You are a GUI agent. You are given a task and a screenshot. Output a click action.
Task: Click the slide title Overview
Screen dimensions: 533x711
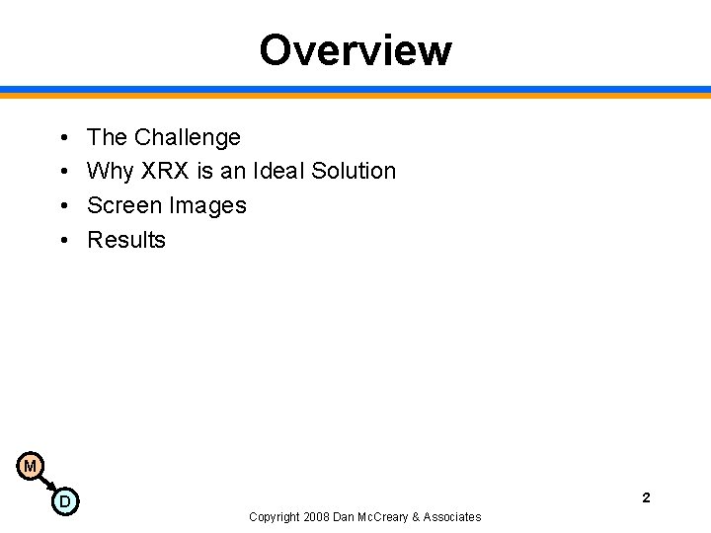(x=355, y=50)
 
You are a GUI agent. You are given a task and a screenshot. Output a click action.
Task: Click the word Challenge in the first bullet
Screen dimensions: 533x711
(x=187, y=137)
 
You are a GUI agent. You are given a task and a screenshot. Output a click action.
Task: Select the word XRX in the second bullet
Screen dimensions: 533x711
(x=166, y=171)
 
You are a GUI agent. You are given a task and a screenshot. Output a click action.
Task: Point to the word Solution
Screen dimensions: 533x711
(x=354, y=171)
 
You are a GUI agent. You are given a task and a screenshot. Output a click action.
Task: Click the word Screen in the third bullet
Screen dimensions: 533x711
(x=124, y=205)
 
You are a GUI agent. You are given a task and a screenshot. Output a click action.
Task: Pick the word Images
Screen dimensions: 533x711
(x=208, y=205)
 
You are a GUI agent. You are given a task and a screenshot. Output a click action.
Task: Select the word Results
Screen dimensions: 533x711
(x=126, y=240)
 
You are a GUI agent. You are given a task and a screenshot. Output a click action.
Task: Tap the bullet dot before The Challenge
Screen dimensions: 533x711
(x=62, y=137)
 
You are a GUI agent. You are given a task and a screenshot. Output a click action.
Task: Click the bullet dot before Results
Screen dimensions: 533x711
(x=62, y=240)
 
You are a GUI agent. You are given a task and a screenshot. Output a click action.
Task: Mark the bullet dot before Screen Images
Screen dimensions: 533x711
(x=62, y=205)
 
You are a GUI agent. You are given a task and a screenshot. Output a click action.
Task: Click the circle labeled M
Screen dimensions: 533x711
(x=30, y=466)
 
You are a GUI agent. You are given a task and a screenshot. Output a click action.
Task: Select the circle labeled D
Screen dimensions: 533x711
(x=64, y=501)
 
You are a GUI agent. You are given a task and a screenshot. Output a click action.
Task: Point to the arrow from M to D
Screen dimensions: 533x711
(x=46, y=484)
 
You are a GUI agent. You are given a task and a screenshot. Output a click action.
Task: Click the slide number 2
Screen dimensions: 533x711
(x=646, y=497)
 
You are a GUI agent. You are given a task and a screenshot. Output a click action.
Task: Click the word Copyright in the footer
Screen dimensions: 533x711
(x=276, y=516)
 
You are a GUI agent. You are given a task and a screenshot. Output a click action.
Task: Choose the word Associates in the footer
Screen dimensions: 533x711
(x=452, y=516)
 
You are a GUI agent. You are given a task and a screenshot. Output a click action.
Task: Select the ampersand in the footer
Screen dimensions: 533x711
(x=416, y=516)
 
